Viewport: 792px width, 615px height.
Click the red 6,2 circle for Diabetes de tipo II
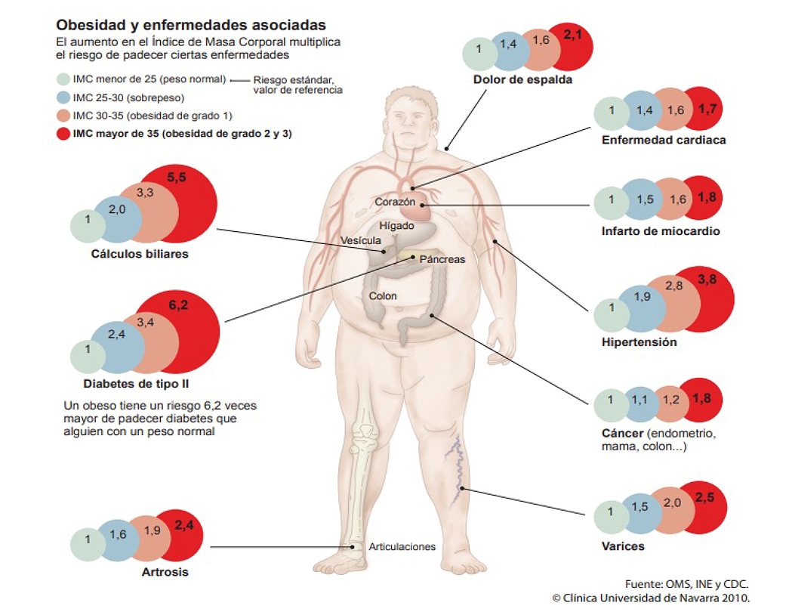coord(185,330)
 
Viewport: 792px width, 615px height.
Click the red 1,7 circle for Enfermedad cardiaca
coord(707,111)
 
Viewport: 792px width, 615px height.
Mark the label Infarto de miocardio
coord(661,231)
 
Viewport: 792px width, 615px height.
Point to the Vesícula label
coord(361,240)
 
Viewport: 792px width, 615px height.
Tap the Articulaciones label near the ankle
coord(402,546)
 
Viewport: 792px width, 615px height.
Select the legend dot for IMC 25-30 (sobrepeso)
coord(63,97)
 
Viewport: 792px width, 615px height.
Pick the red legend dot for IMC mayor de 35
coord(63,134)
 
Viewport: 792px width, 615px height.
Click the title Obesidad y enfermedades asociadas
coord(191,26)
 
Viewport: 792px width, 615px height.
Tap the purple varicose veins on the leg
coord(458,472)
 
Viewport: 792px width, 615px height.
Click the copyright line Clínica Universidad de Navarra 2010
coord(650,598)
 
